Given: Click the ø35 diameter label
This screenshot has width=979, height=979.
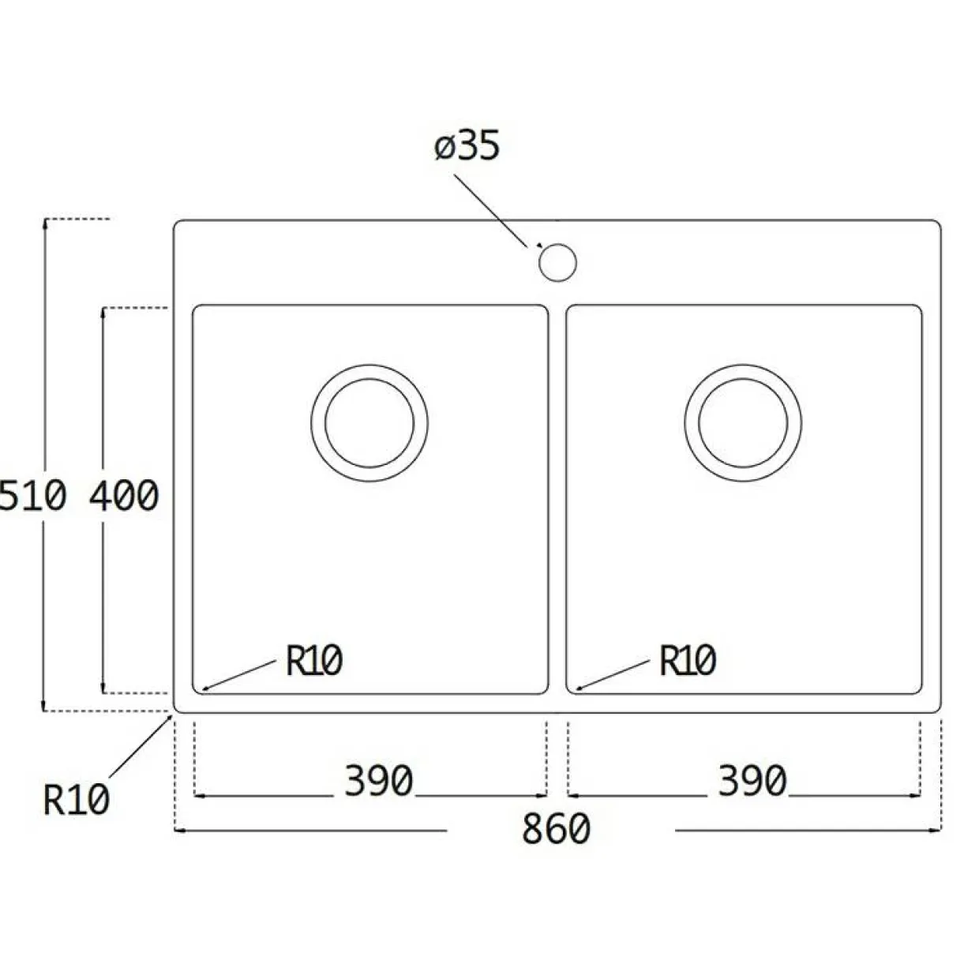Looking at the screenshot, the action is (467, 146).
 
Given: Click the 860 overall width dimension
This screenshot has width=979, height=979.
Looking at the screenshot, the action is (557, 829).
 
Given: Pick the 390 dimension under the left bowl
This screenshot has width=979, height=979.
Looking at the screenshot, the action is (379, 781).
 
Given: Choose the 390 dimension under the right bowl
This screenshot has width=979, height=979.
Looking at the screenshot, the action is (752, 781).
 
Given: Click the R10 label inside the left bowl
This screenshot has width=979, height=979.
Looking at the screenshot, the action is (314, 661).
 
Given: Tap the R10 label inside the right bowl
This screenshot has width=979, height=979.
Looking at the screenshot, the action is (688, 661).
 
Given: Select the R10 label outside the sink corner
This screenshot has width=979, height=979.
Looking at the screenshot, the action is (77, 800).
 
